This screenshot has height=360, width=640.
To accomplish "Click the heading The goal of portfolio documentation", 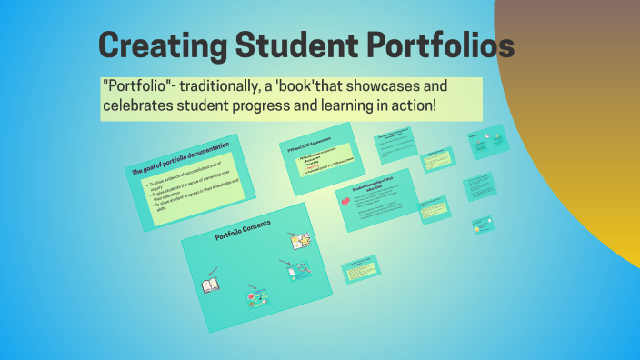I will tap(180, 157).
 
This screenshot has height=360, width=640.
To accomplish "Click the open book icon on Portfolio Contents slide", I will tap(211, 285).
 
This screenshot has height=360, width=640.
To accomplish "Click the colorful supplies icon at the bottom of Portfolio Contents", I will tap(257, 297).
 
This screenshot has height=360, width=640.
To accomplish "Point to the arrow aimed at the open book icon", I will tap(212, 270).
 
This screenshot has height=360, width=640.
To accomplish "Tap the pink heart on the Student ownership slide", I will tap(345, 202).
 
